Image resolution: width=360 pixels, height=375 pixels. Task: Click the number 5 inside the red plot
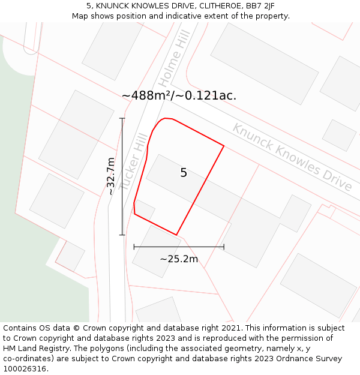pyautogui.click(x=184, y=173)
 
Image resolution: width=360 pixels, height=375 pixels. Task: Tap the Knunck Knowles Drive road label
pyautogui.click(x=292, y=157)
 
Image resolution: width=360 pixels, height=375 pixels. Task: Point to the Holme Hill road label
pyautogui.click(x=175, y=58)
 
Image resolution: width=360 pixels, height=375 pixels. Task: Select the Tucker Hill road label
pyautogui.click(x=133, y=162)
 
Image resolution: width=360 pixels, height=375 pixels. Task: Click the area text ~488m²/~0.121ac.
pyautogui.click(x=179, y=95)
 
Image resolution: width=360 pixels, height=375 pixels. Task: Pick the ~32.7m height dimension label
pyautogui.click(x=110, y=176)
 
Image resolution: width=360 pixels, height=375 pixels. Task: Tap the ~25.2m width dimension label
pyautogui.click(x=179, y=259)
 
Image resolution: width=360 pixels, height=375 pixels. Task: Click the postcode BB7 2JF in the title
pyautogui.click(x=260, y=6)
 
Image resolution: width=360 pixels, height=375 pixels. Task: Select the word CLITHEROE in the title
pyautogui.click(x=202, y=6)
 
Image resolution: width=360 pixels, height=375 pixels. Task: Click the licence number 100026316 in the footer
pyautogui.click(x=24, y=369)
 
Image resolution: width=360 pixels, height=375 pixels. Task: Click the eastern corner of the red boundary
pyautogui.click(x=224, y=145)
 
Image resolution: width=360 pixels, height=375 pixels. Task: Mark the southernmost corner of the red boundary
pyautogui.click(x=176, y=235)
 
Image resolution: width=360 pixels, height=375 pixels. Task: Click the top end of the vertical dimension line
pyautogui.click(x=122, y=118)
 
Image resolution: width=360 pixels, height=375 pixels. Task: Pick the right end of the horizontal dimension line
pyautogui.click(x=224, y=247)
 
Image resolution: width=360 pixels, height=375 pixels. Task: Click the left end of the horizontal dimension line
pyautogui.click(x=134, y=247)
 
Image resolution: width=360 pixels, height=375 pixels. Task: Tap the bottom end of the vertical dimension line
pyautogui.click(x=122, y=235)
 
